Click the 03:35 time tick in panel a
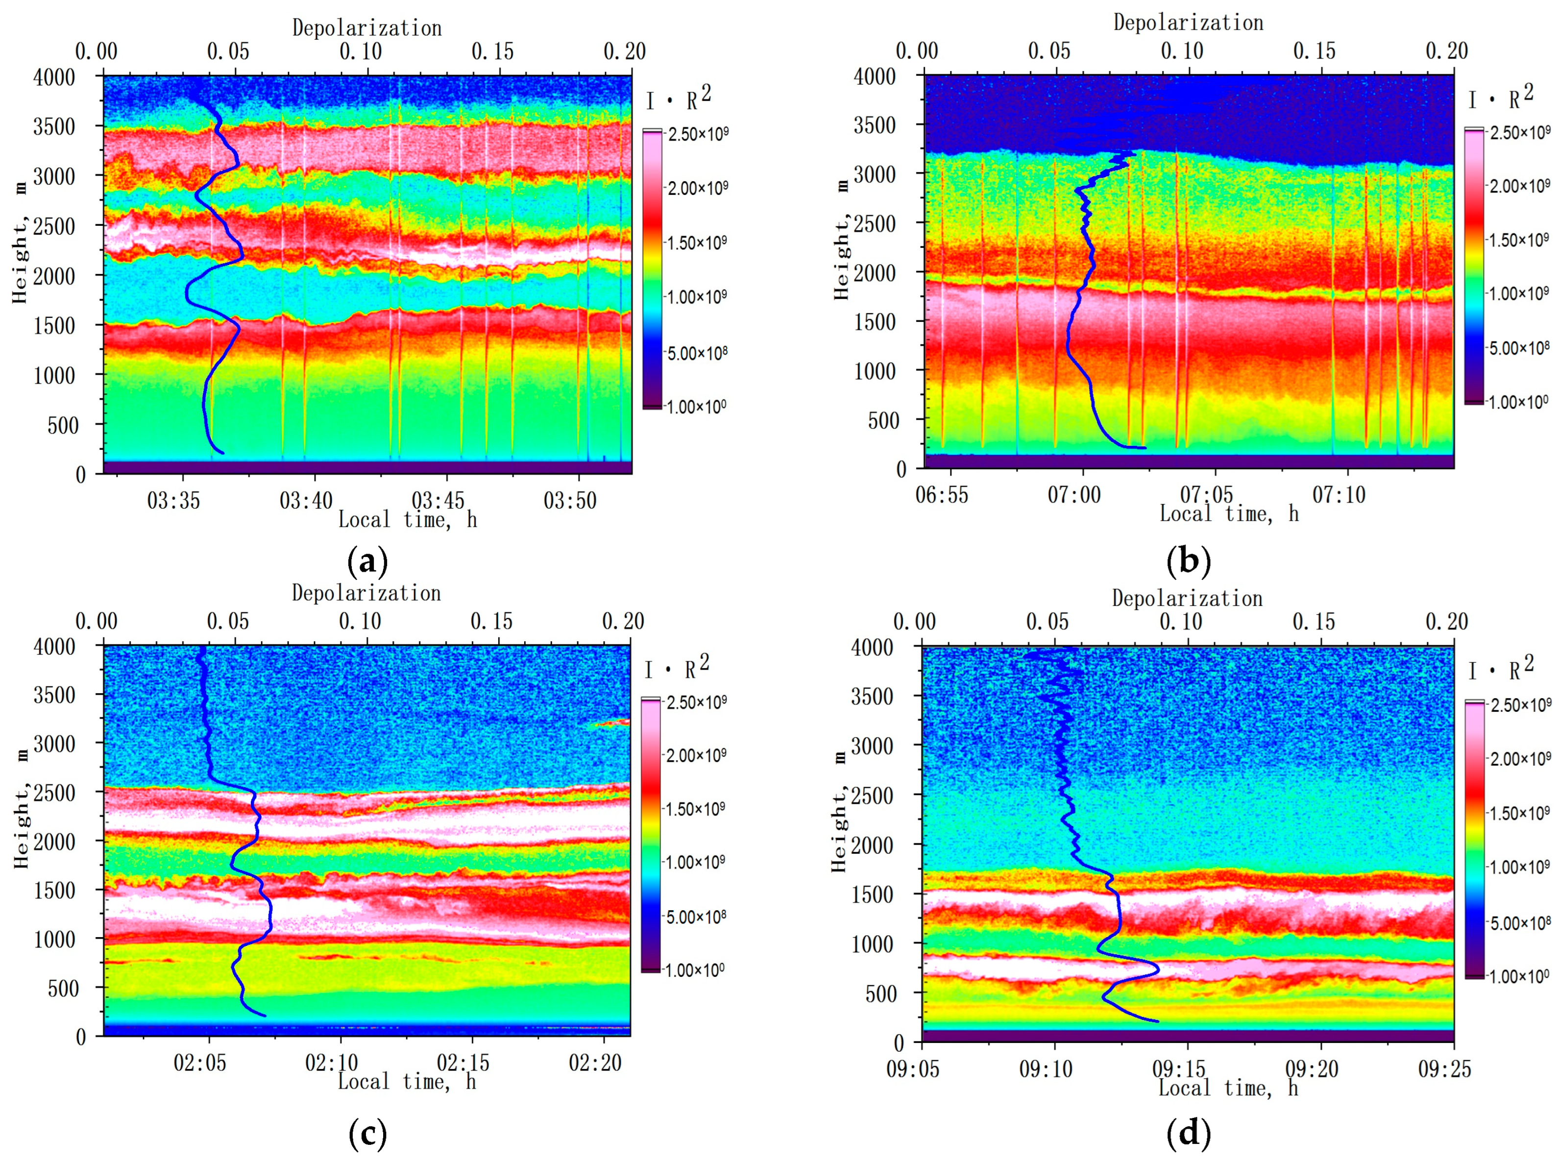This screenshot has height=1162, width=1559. pyautogui.click(x=173, y=501)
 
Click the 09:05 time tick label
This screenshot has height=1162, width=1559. pyautogui.click(x=912, y=1069)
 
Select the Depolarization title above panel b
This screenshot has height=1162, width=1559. pyautogui.click(x=1188, y=23)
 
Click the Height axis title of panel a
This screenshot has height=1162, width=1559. pyautogui.click(x=19, y=242)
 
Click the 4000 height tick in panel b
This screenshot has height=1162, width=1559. pyautogui.click(x=875, y=76)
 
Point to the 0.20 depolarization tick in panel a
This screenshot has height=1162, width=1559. pyautogui.click(x=625, y=51)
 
